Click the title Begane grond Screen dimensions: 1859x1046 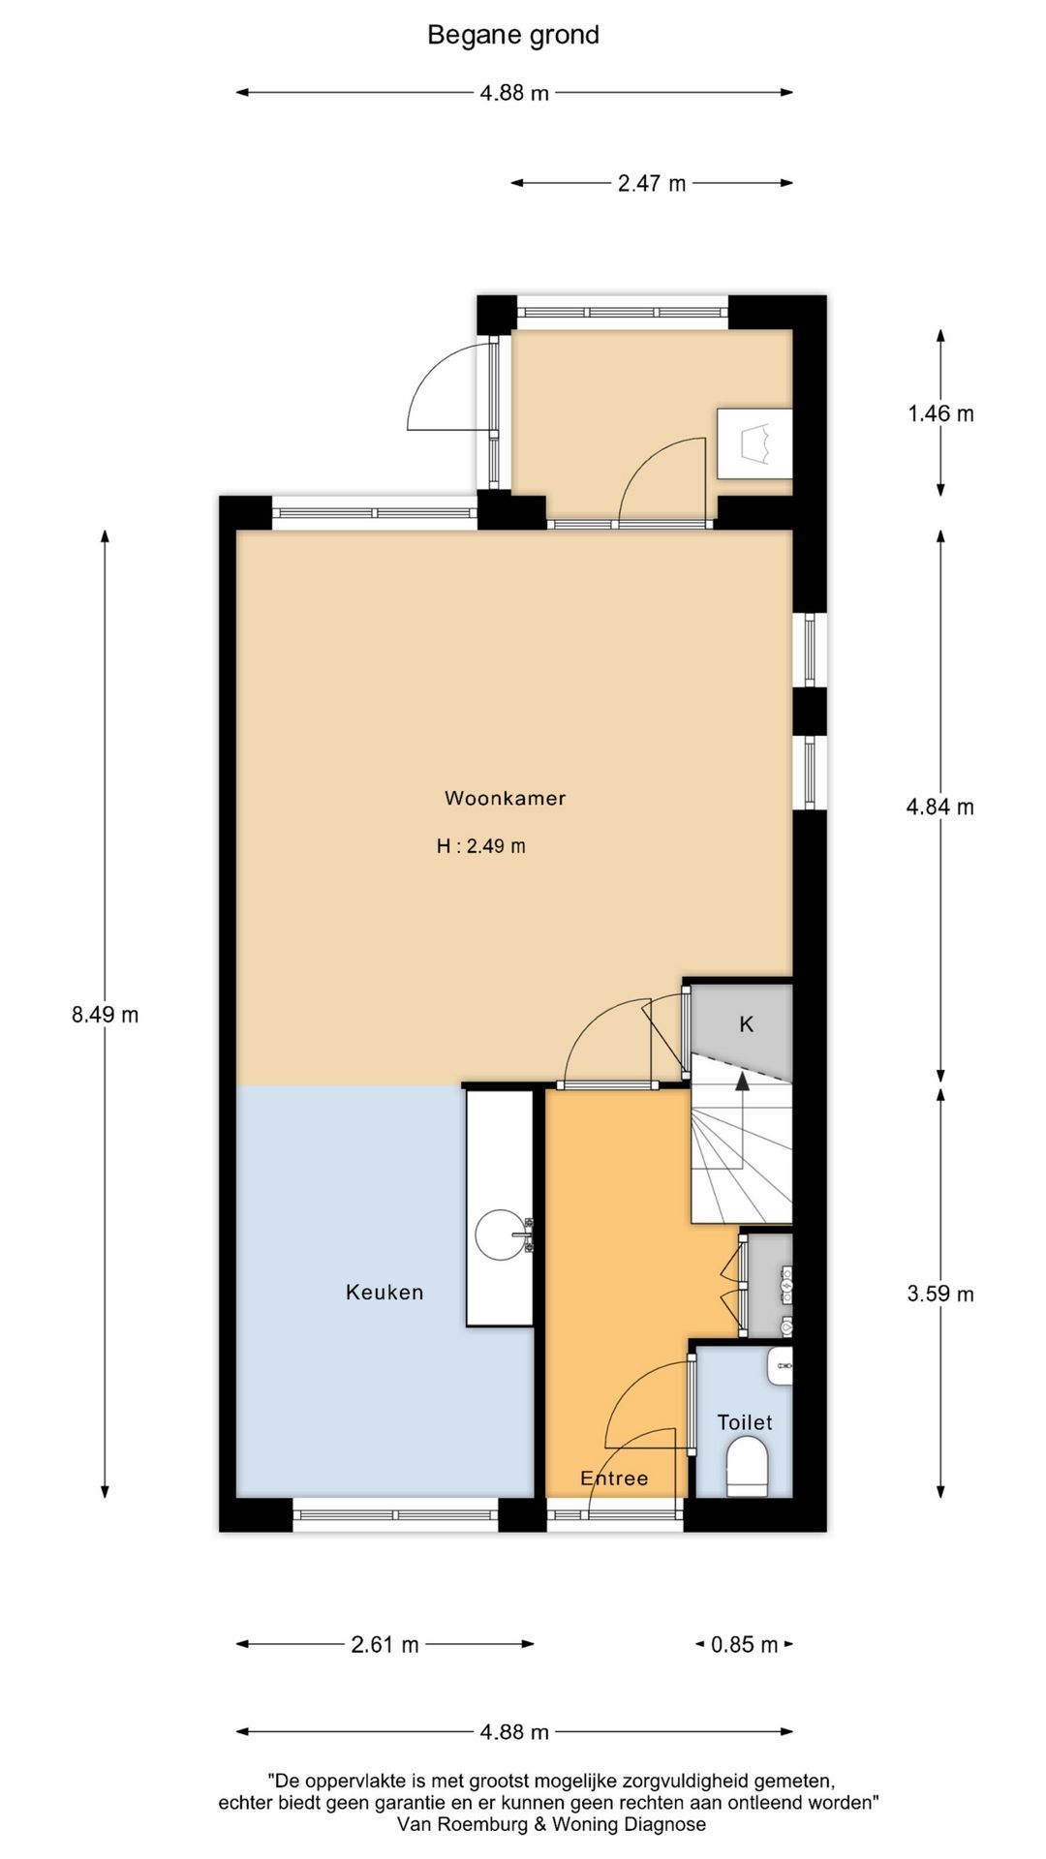tap(513, 35)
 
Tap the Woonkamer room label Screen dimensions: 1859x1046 tap(505, 798)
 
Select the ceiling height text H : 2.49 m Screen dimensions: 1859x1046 tap(481, 846)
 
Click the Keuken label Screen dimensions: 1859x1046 tap(385, 1292)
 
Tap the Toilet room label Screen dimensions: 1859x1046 tap(744, 1422)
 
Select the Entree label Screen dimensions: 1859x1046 tap(614, 1478)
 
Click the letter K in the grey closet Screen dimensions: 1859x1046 tap(746, 1024)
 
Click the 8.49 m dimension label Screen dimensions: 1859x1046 tap(105, 1015)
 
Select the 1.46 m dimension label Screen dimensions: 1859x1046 tap(940, 413)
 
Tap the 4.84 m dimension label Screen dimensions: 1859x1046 tap(940, 807)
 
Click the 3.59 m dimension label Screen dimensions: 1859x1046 tap(940, 1294)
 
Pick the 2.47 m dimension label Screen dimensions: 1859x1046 tap(652, 183)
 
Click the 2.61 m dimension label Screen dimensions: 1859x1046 tap(385, 1644)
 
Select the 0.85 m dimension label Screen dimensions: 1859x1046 tap(744, 1644)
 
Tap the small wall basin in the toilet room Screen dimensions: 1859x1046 tap(781, 1366)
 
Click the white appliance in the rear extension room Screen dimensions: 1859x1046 tap(754, 443)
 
